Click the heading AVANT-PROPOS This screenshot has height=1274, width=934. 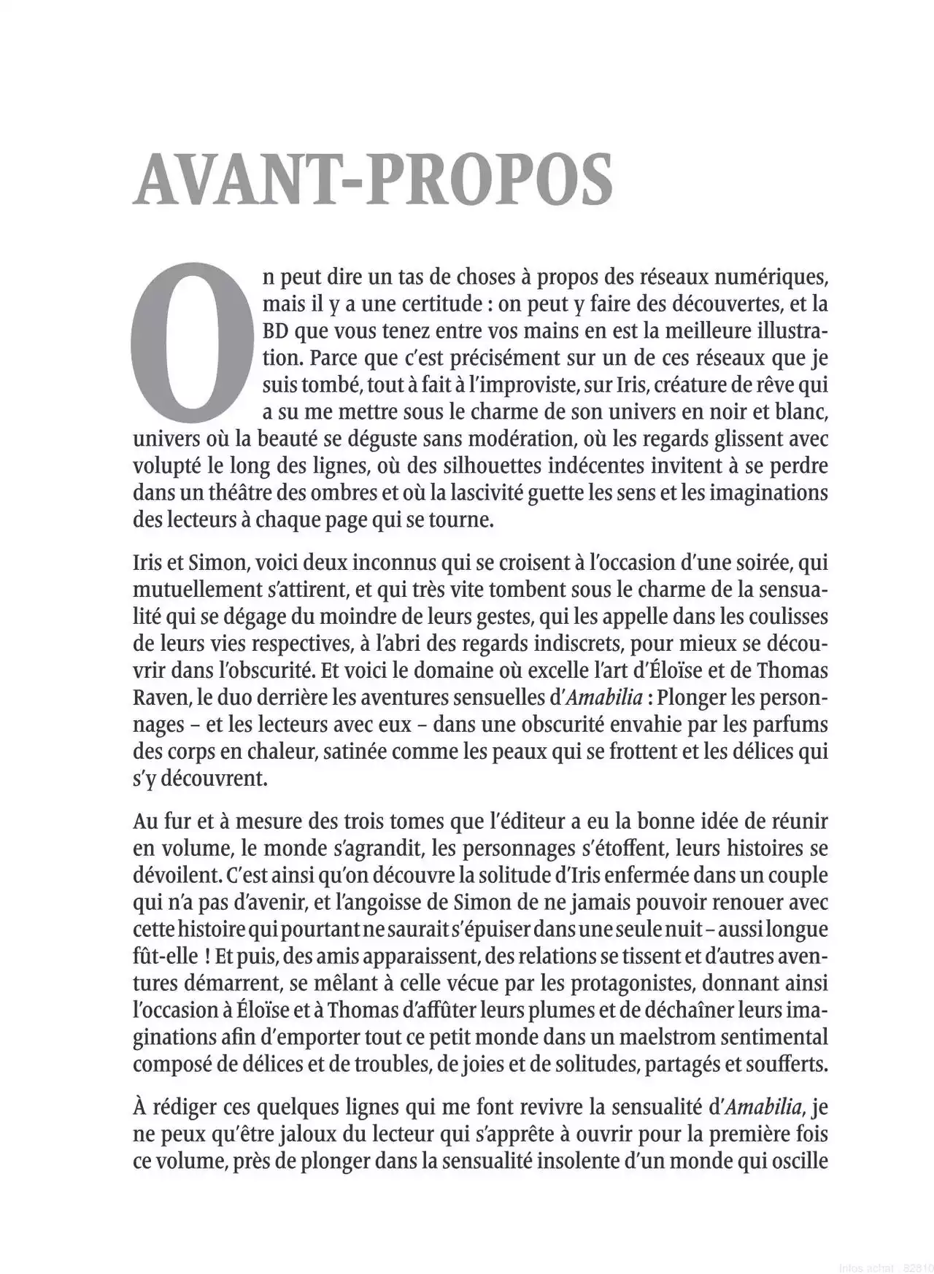(372, 179)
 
